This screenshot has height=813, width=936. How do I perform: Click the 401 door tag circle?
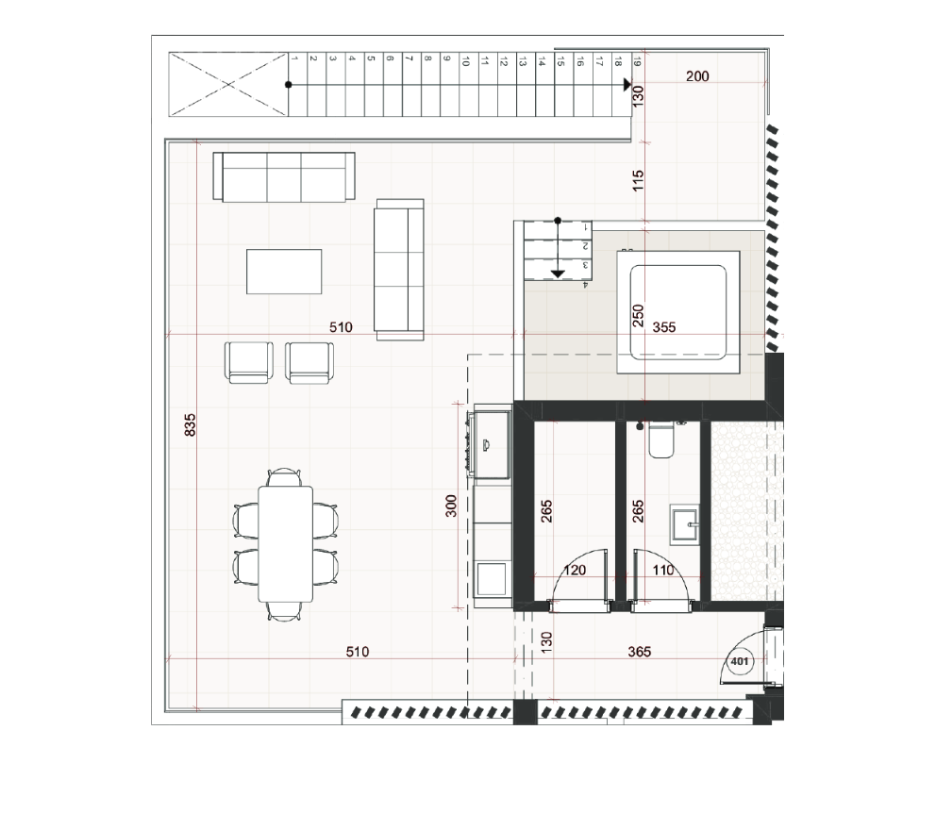pyautogui.click(x=740, y=661)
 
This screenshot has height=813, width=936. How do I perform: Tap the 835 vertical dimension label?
pyautogui.click(x=190, y=424)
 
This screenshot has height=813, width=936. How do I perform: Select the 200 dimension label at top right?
pyautogui.click(x=697, y=76)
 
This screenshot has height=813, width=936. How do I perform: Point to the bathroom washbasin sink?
pyautogui.click(x=684, y=524)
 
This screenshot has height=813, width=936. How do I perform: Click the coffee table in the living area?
pyautogui.click(x=284, y=272)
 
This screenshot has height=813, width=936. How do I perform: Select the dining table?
pyautogui.click(x=285, y=544)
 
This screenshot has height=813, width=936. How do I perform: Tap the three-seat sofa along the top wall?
pyautogui.click(x=284, y=176)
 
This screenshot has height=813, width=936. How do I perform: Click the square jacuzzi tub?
pyautogui.click(x=678, y=312)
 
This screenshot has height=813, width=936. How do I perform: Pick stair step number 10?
pyautogui.click(x=469, y=84)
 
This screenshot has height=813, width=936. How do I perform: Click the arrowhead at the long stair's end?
pyautogui.click(x=627, y=85)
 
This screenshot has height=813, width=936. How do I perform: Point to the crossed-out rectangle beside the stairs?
pyautogui.click(x=228, y=84)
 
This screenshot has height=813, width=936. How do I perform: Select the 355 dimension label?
pyautogui.click(x=664, y=327)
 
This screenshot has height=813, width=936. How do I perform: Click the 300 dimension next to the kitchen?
pyautogui.click(x=451, y=506)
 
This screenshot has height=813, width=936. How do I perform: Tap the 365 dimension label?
pyautogui.click(x=640, y=652)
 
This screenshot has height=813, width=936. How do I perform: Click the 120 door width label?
pyautogui.click(x=575, y=571)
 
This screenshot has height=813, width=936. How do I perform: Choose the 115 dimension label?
pyautogui.click(x=638, y=181)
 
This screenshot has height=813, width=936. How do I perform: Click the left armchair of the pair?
pyautogui.click(x=249, y=363)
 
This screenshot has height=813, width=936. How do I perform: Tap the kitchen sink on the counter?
pyautogui.click(x=491, y=444)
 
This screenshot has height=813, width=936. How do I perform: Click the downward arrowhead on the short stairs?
pyautogui.click(x=558, y=274)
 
